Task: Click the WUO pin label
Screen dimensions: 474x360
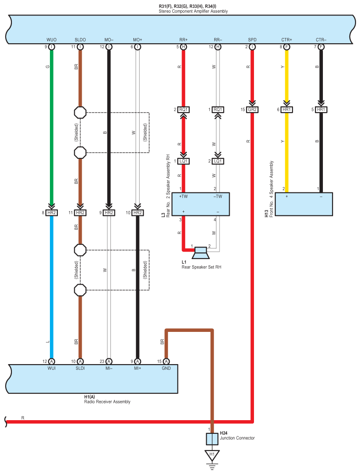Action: [51, 40]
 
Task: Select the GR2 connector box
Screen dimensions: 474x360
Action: [252, 109]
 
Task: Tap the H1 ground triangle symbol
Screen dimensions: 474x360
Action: [212, 455]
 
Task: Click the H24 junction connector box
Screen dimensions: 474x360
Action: [212, 439]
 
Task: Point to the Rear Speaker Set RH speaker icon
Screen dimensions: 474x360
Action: [201, 253]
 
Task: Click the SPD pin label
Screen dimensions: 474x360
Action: [252, 40]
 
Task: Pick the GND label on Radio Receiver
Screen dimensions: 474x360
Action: [166, 369]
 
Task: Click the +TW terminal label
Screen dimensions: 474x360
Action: [183, 196]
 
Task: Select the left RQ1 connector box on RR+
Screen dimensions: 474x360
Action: [183, 109]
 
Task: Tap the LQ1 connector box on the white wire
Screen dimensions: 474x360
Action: [218, 161]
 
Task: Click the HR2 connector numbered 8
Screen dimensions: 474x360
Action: [52, 212]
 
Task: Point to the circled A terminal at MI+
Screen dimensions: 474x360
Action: [137, 361]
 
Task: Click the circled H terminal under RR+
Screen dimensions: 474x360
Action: [183, 47]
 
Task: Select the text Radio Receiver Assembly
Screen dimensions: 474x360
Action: [107, 402]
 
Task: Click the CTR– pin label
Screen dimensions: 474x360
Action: [321, 40]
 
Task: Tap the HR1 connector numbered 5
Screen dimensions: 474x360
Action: [321, 109]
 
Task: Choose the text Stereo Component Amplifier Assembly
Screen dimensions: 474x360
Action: [193, 11]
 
